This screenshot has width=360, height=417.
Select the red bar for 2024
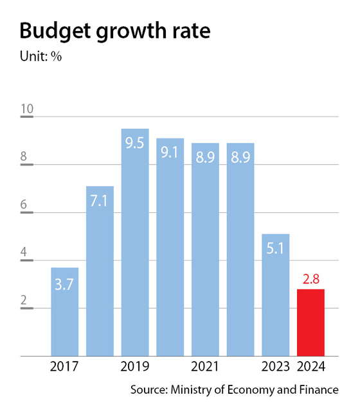(x=310, y=322)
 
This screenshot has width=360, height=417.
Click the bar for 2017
(x=64, y=312)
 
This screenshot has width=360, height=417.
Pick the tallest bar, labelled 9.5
(x=135, y=245)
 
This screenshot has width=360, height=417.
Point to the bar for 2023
(x=275, y=296)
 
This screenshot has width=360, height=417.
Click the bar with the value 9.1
(x=170, y=248)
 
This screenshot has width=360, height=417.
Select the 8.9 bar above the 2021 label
(x=205, y=251)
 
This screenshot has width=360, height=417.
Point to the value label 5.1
(x=275, y=249)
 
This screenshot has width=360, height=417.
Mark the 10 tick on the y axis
(x=27, y=109)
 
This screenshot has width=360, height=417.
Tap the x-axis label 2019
(x=135, y=367)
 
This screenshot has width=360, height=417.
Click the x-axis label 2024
(x=310, y=367)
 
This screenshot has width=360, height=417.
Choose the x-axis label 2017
(x=64, y=367)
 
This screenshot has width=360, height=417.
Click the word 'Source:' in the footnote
(x=148, y=390)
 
